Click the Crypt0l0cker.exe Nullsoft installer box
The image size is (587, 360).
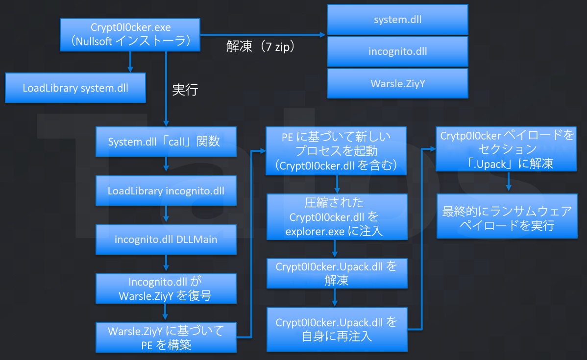pyautogui.click(x=130, y=34)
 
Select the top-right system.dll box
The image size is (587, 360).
pyautogui.click(x=397, y=20)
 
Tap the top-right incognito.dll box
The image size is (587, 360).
pyautogui.click(x=397, y=51)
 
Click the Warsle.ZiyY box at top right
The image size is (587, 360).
pyautogui.click(x=397, y=83)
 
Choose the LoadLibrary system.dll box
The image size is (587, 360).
pyautogui.click(x=75, y=88)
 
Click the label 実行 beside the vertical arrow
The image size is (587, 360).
pyautogui.click(x=185, y=90)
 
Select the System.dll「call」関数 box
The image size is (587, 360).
pyautogui.click(x=166, y=142)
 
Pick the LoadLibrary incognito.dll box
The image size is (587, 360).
pyautogui.click(x=166, y=191)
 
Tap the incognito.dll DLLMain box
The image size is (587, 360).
pyautogui.click(x=166, y=240)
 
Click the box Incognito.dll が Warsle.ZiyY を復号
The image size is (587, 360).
pyautogui.click(x=166, y=289)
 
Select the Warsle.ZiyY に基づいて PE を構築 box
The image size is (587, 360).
pyautogui.click(x=166, y=337)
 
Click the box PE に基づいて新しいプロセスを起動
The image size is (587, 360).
pyautogui.click(x=336, y=151)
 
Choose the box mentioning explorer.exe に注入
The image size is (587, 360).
pyautogui.click(x=336, y=216)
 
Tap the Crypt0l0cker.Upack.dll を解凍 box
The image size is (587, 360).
pyautogui.click(x=336, y=273)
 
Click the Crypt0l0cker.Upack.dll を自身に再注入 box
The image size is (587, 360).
pyautogui.click(x=336, y=329)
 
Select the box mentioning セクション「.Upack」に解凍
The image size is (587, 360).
pyautogui.click(x=506, y=149)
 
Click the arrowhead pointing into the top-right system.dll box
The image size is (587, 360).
pyautogui.click(x=322, y=35)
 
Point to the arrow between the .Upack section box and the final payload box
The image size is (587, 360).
pyautogui.click(x=509, y=181)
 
